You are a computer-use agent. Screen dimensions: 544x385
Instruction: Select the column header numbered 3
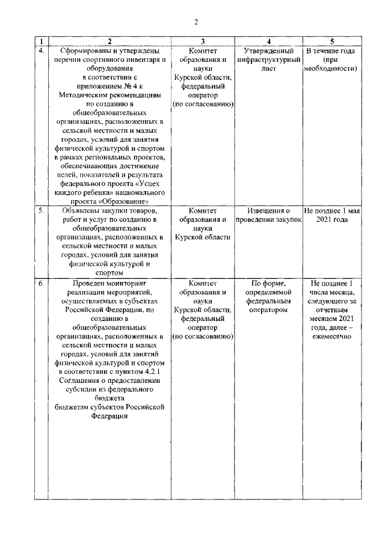tap(203, 41)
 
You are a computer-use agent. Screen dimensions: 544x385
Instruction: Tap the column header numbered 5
tap(332, 41)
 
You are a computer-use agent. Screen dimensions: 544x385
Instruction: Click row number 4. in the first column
tap(41, 50)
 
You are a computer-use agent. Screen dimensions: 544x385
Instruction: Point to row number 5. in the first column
tap(41, 211)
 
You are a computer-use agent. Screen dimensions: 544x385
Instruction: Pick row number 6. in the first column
tap(41, 282)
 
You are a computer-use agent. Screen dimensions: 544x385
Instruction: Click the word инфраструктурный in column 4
tap(268, 60)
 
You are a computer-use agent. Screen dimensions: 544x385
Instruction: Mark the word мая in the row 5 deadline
tap(352, 211)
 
